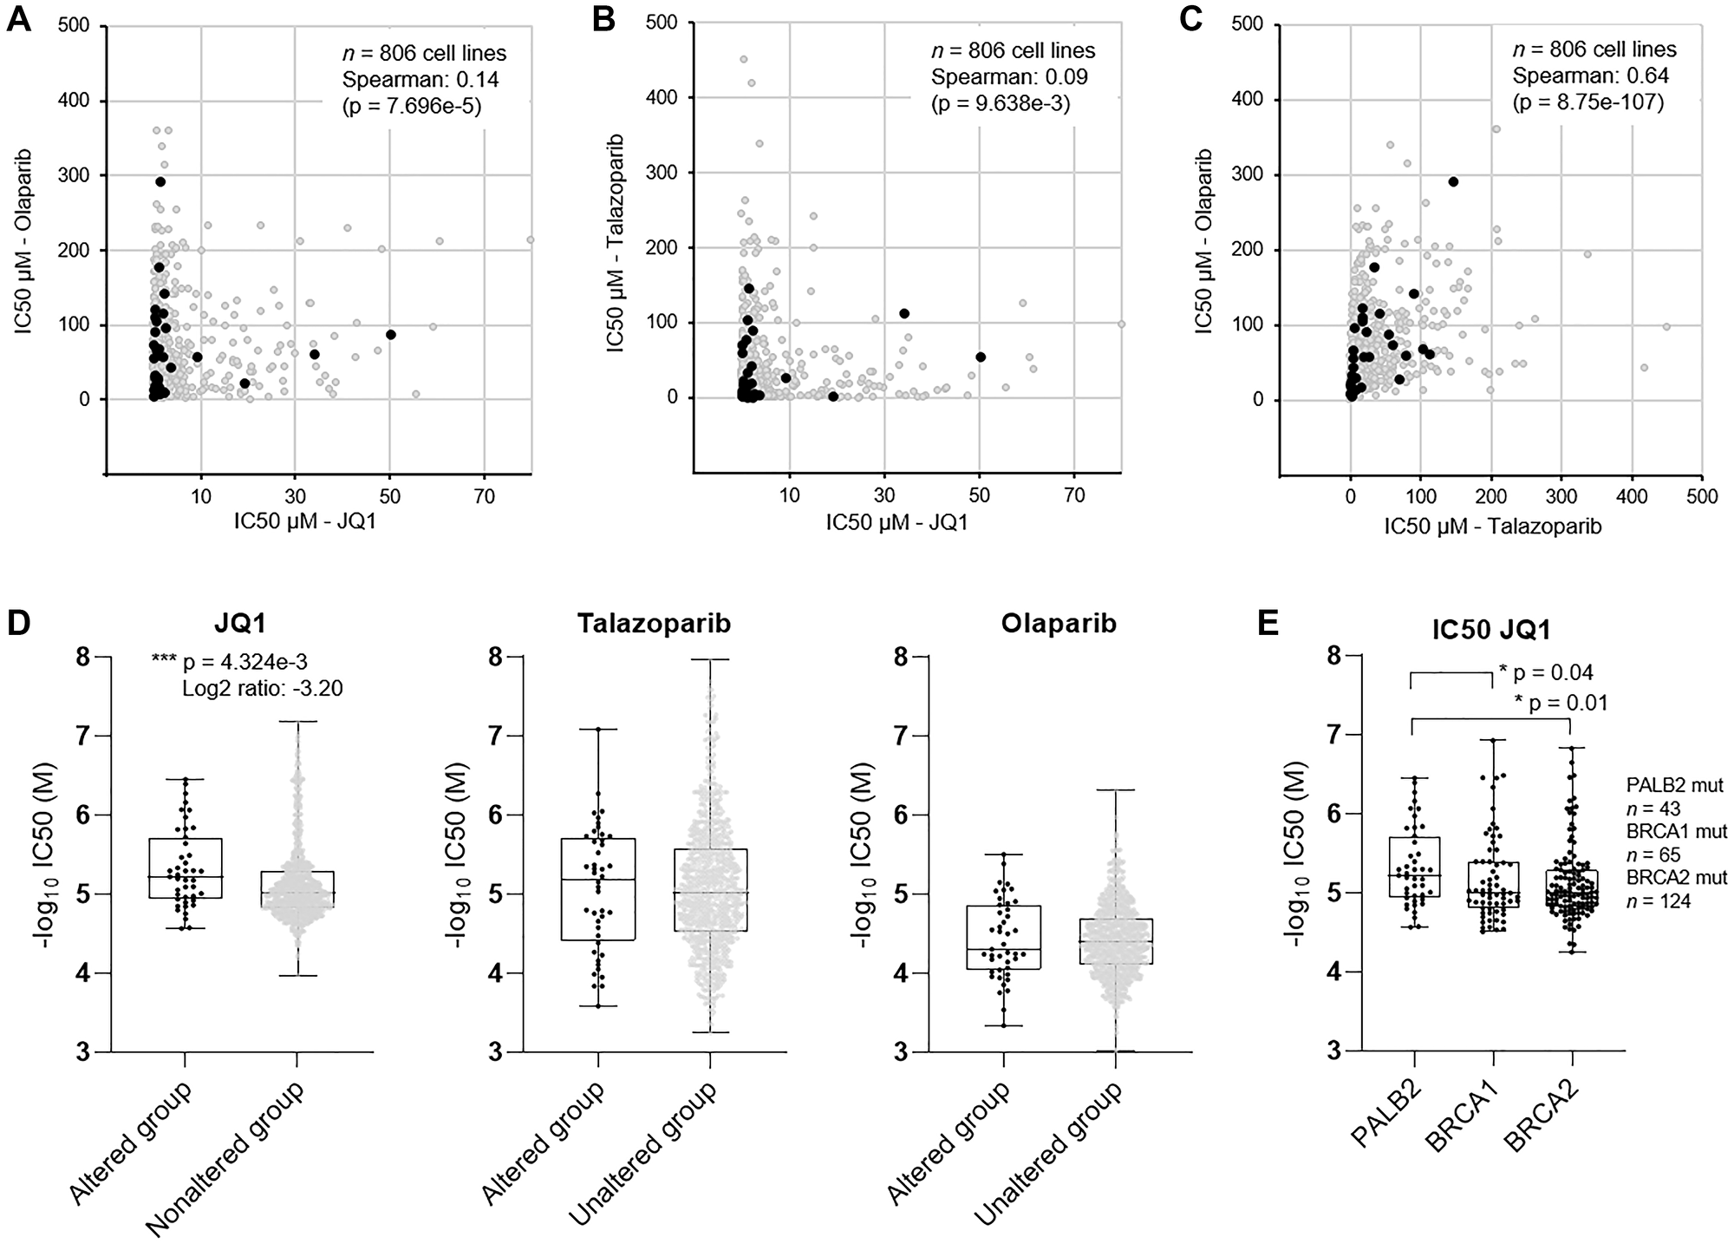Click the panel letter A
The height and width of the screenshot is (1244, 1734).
click(x=20, y=18)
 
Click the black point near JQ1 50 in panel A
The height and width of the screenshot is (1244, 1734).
click(x=391, y=335)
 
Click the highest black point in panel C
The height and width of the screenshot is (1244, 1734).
click(x=1453, y=181)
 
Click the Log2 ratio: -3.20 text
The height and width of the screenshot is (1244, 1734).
click(x=263, y=689)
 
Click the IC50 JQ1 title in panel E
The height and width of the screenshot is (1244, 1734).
click(x=1491, y=629)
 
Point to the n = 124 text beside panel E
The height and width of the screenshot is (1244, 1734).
click(x=1666, y=901)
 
